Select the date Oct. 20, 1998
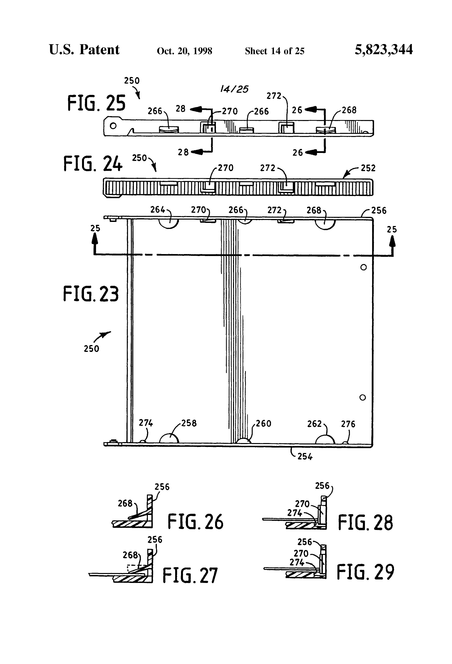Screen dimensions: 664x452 (184, 51)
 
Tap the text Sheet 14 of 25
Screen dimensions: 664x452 (275, 51)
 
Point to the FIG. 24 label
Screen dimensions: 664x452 (93, 164)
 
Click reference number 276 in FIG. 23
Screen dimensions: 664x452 (348, 424)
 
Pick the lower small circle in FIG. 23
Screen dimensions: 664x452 (363, 397)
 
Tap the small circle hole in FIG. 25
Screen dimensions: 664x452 (113, 126)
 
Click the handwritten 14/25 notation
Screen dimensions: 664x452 (234, 89)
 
